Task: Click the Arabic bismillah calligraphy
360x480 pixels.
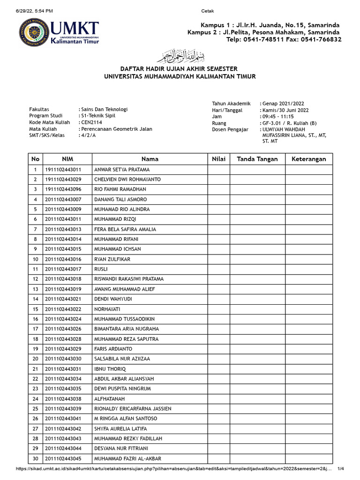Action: coord(180,56)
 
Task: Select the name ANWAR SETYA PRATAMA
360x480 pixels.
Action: coord(122,170)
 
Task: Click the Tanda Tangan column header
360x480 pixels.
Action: coord(257,159)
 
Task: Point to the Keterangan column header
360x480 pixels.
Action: coord(309,159)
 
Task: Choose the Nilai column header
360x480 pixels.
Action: coord(218,159)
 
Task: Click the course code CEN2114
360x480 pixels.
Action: coord(92,122)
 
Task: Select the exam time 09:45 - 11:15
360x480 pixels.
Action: coord(278,116)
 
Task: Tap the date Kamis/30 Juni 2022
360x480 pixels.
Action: coord(285,110)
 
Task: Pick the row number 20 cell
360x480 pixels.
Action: coord(35,359)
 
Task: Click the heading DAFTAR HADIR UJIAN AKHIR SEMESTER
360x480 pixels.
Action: coord(180,69)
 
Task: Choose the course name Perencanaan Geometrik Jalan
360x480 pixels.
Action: coord(116,129)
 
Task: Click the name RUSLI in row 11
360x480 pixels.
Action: coord(101,270)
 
